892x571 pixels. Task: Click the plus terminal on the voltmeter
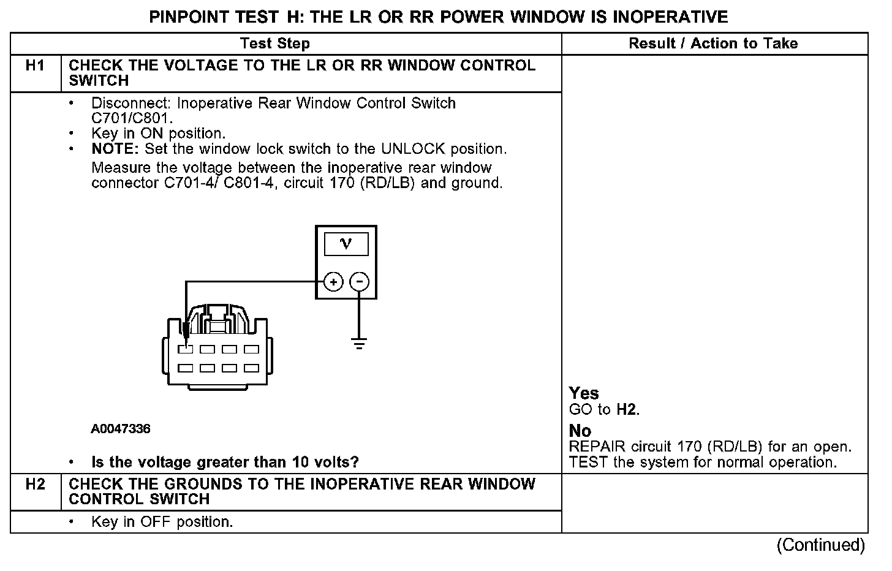pos(333,282)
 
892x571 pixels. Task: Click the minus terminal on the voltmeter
pos(359,282)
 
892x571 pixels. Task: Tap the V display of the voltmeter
pos(346,244)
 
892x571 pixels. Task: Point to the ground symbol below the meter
pos(359,343)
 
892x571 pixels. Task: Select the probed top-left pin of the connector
pos(186,349)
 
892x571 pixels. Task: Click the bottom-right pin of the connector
pos(251,368)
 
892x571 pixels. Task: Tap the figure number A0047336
pos(121,429)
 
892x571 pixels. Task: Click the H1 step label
pos(36,66)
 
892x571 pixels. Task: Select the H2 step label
pos(36,485)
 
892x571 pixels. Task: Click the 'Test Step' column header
pos(275,43)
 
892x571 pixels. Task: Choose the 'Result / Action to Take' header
pos(713,43)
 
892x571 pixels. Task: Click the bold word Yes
pos(584,393)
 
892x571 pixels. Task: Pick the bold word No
pos(580,431)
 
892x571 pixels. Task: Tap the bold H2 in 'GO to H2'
pos(626,410)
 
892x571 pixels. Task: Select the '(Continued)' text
pos(820,545)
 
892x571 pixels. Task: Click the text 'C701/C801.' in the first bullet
pos(132,118)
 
